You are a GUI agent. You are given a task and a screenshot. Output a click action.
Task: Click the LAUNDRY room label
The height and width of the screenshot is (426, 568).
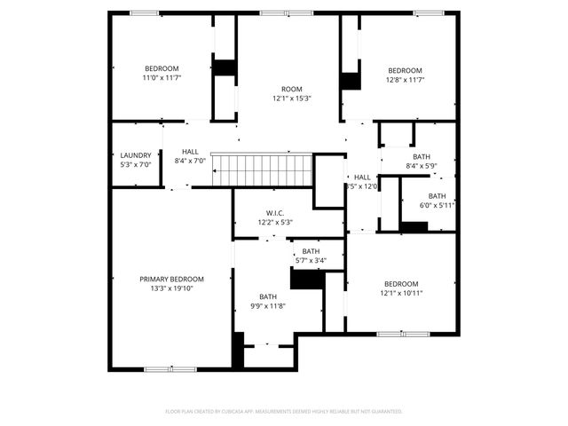[x=136, y=154]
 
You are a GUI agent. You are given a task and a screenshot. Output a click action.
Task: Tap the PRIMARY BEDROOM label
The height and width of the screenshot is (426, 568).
[x=171, y=279]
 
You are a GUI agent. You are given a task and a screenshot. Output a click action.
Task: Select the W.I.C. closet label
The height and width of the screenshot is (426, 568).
[x=274, y=213]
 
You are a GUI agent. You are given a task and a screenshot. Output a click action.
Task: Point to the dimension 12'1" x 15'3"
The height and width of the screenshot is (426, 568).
[x=292, y=99]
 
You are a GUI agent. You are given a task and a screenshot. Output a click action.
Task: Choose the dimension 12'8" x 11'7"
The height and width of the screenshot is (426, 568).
[x=405, y=80]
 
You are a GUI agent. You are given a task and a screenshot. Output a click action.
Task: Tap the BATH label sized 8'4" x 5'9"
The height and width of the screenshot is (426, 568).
[x=422, y=156]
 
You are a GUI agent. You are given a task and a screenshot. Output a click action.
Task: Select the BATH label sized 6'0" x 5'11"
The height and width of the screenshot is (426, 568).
[x=438, y=196]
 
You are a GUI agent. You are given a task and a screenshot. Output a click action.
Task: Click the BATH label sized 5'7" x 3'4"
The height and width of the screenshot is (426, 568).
[x=311, y=251]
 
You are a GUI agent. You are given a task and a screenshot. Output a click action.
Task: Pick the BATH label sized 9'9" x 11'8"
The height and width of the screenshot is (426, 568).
[x=268, y=296]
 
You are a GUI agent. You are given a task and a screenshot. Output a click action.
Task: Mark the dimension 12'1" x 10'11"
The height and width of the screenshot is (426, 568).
[x=402, y=293]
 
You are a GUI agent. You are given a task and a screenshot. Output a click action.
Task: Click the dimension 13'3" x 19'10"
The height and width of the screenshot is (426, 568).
[x=171, y=288]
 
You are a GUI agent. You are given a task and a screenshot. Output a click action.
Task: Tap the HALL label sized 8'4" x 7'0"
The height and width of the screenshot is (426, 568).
[x=190, y=152]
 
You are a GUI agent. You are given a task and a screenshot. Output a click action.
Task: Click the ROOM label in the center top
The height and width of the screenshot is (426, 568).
[x=292, y=89]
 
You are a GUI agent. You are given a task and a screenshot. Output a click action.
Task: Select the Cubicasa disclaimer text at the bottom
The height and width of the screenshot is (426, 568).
[x=284, y=411]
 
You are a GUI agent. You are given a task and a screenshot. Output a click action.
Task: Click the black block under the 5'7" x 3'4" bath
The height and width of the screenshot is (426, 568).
[x=308, y=278]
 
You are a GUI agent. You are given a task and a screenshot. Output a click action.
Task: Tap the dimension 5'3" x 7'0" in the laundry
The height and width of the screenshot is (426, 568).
[x=136, y=164]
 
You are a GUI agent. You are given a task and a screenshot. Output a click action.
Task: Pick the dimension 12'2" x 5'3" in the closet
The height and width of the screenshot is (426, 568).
[x=274, y=223]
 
